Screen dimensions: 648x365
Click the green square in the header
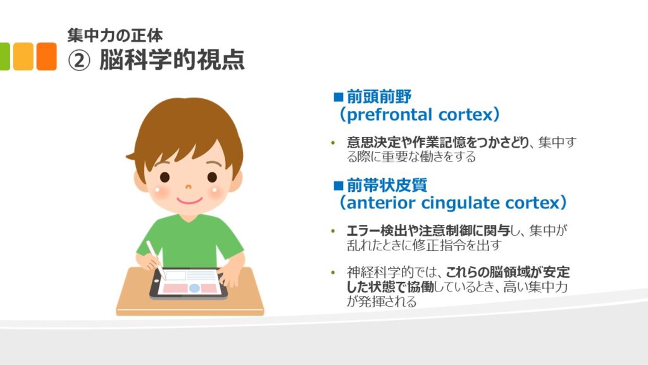pos(4,56)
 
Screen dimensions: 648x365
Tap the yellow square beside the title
pos(23,56)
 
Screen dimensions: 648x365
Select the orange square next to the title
pos(46,56)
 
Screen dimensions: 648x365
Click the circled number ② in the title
pos(78,61)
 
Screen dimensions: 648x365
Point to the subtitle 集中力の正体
pos(115,35)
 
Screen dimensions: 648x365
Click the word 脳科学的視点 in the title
pos(172,60)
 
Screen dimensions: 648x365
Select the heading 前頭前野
pos(379,97)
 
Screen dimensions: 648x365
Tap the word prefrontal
pos(390,115)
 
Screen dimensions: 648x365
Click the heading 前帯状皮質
pos(387,185)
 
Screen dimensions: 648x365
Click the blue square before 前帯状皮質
pos(339,186)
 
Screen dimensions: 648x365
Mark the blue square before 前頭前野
pos(339,97)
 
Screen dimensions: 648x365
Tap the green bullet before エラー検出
pos(333,231)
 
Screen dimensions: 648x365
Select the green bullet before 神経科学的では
pos(333,272)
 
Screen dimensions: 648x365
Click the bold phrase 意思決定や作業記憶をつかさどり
pos(438,143)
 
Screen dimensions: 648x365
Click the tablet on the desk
pos(189,284)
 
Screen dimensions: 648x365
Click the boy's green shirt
pos(189,242)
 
